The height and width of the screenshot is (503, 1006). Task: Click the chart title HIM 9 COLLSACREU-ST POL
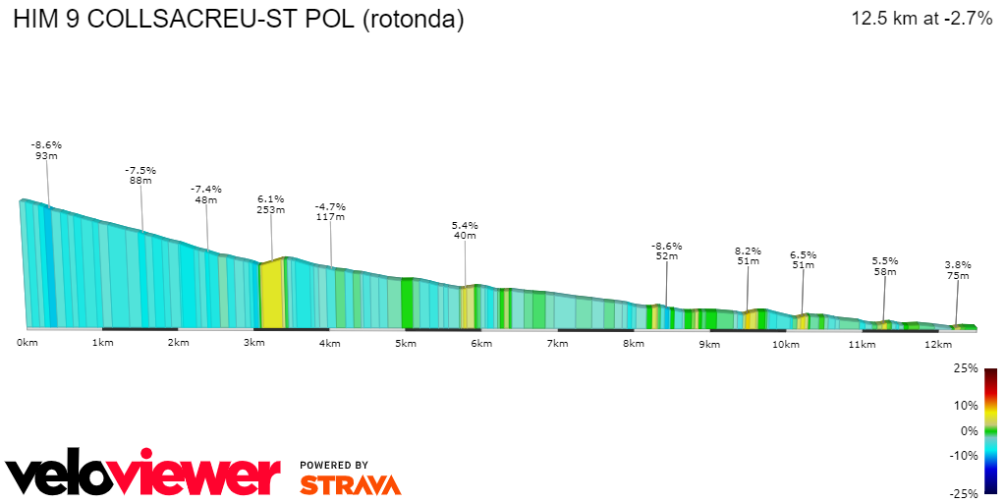pyautogui.click(x=238, y=20)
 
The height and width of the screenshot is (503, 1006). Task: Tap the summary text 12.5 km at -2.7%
pyautogui.click(x=922, y=19)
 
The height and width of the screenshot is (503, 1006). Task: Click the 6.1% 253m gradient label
pyautogui.click(x=271, y=203)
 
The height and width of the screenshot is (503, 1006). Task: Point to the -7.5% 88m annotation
pyautogui.click(x=140, y=175)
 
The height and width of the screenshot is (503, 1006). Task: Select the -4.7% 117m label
pyautogui.click(x=330, y=212)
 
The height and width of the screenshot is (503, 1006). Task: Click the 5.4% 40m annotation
pyautogui.click(x=465, y=231)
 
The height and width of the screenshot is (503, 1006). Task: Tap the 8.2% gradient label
pyautogui.click(x=749, y=251)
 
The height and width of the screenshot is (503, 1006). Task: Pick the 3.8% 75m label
pyautogui.click(x=958, y=270)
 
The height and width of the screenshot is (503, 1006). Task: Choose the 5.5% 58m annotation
pyautogui.click(x=885, y=266)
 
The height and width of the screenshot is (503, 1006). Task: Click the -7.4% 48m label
pyautogui.click(x=206, y=194)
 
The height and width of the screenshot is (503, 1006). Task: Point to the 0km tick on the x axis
pyautogui.click(x=27, y=343)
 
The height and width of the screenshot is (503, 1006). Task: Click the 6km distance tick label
pyautogui.click(x=481, y=343)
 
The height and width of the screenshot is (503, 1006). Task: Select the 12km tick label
pyautogui.click(x=937, y=344)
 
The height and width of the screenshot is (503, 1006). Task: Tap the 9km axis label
pyautogui.click(x=709, y=344)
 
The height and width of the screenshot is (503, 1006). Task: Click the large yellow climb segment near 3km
pyautogui.click(x=271, y=294)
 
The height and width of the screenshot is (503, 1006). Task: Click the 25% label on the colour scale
pyautogui.click(x=966, y=368)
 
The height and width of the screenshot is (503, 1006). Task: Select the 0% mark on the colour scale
pyautogui.click(x=969, y=430)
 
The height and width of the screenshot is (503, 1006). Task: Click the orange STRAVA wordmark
pyautogui.click(x=350, y=484)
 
